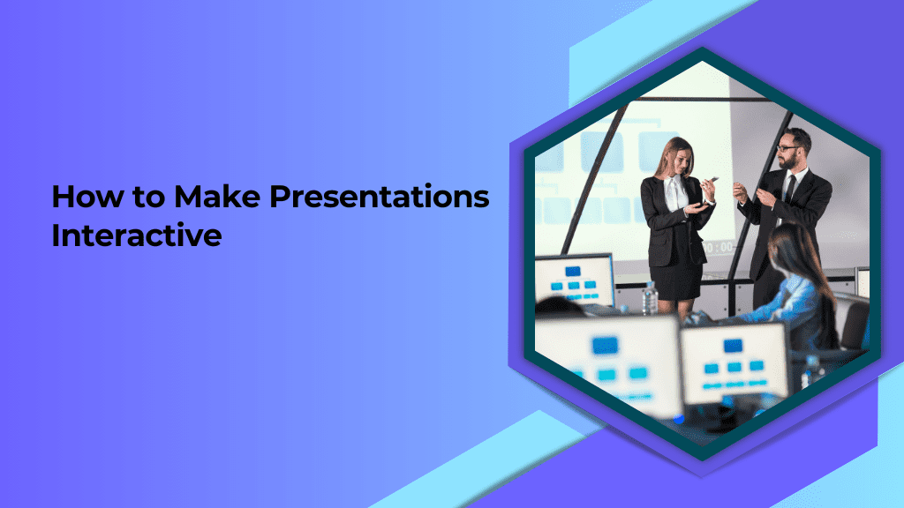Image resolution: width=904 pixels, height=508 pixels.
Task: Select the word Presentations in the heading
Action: pyautogui.click(x=380, y=197)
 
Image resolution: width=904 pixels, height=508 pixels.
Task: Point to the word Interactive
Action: pyautogui.click(x=137, y=235)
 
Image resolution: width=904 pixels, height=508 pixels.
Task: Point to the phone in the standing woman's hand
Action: pyautogui.click(x=712, y=180)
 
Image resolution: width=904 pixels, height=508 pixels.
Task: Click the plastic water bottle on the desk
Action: pyautogui.click(x=650, y=298)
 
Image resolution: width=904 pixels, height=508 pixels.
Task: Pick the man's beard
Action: pyautogui.click(x=789, y=161)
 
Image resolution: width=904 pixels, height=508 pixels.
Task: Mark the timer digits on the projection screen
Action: pyautogui.click(x=717, y=248)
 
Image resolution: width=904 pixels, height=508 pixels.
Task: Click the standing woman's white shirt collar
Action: pyautogui.click(x=673, y=183)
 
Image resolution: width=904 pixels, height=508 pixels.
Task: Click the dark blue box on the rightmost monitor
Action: pyautogui.click(x=733, y=345)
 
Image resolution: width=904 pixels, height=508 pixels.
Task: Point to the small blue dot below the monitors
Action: pyautogui.click(x=679, y=419)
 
